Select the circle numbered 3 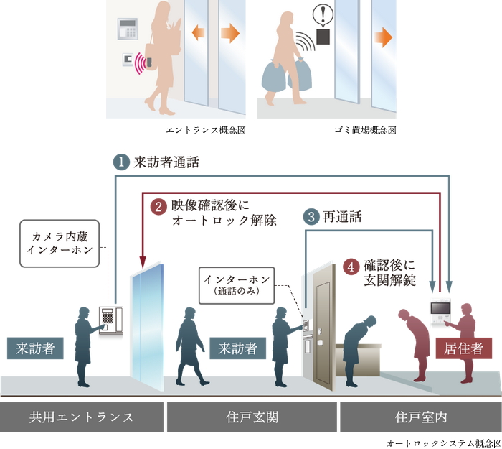click(x=310, y=216)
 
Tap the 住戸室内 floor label click(x=420, y=417)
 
